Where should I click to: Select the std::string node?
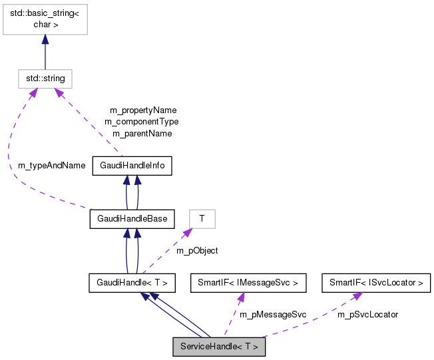[x=45, y=79]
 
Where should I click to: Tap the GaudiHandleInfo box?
[x=132, y=165]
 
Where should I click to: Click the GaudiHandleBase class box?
[x=132, y=218]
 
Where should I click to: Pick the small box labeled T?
[x=202, y=218]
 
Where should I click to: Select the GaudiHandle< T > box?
[x=132, y=283]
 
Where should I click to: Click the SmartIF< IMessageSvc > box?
[x=244, y=283]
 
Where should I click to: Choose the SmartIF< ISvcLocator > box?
[x=376, y=283]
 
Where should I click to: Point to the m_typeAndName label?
[x=51, y=165]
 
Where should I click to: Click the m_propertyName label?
[x=143, y=110]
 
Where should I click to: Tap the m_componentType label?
[x=142, y=122]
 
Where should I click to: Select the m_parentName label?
[x=142, y=133]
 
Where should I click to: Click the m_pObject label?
[x=197, y=250]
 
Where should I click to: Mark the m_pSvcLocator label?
[x=367, y=314]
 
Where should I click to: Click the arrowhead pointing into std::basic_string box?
[x=45, y=40]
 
